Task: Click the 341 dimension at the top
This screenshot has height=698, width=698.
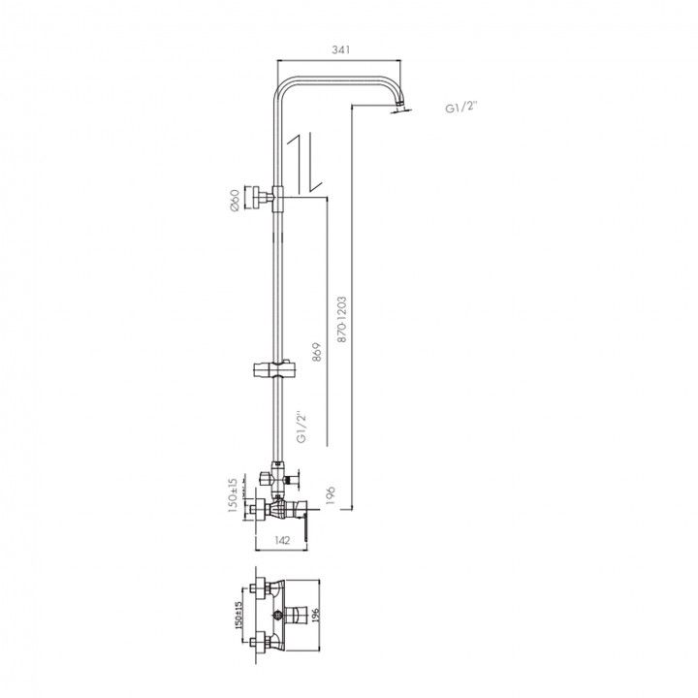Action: pos(341,49)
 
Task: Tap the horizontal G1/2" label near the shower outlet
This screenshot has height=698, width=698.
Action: pos(460,108)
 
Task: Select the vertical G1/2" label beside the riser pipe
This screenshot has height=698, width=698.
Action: pos(302,428)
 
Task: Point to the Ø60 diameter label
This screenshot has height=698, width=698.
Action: pos(235,200)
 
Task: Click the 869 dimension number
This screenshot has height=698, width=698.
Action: pos(316,352)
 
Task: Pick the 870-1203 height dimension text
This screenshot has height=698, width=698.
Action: pos(342,319)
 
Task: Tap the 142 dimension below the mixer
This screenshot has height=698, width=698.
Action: pos(282,540)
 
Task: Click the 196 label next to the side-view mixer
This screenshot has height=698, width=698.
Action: pos(330,495)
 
